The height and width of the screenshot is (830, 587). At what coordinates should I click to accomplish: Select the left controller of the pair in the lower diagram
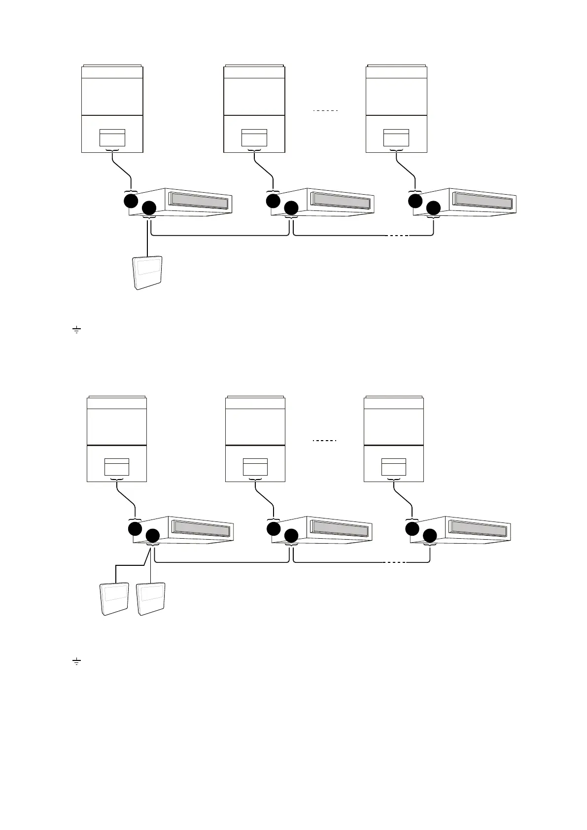114,599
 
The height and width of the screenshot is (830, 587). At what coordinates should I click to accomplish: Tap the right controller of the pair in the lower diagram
151,599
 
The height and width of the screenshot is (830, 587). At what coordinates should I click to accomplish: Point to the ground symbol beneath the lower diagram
76,661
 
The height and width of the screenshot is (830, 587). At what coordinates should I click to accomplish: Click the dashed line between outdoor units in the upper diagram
325,111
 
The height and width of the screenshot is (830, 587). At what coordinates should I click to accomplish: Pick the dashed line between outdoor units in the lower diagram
325,440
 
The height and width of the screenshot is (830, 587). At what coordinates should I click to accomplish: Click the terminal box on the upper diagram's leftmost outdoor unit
112,138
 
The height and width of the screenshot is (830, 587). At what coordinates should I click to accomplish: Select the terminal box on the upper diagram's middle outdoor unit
254,138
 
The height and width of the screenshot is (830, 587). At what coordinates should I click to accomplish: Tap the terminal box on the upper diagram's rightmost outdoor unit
396,138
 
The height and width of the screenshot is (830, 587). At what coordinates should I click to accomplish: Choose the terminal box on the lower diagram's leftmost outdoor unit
117,467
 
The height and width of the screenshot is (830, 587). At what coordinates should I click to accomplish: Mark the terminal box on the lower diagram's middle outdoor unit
255,467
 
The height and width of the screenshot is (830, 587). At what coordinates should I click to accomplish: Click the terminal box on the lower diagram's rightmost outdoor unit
394,467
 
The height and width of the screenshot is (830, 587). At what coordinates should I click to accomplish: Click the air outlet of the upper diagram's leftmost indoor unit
199,200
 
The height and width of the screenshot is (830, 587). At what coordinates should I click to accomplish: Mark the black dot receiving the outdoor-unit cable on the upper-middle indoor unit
273,201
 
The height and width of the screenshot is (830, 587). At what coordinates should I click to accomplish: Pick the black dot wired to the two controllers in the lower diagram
153,536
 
